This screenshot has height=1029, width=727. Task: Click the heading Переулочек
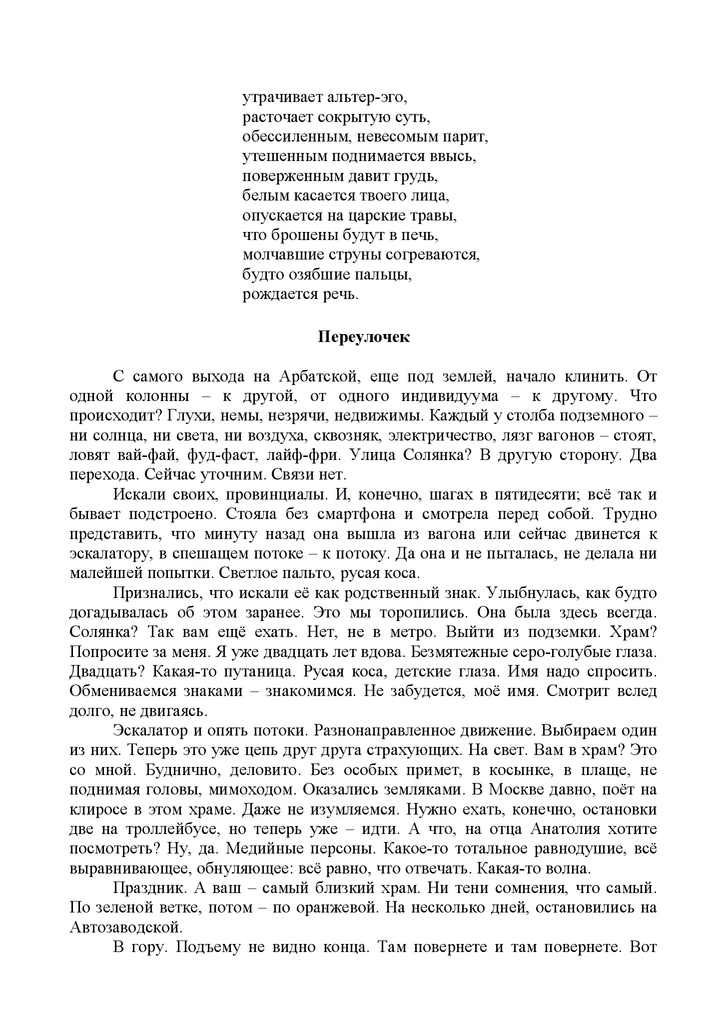[x=364, y=337]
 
